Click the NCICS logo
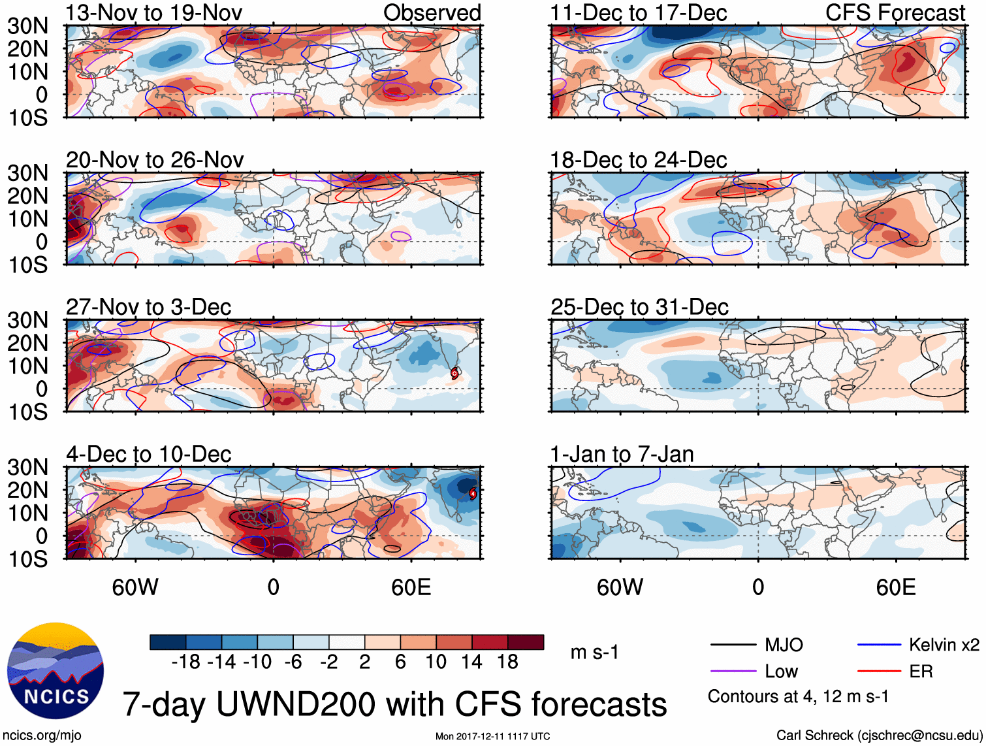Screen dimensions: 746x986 pyautogui.click(x=56, y=671)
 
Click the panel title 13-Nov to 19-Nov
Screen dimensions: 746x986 pyautogui.click(x=154, y=12)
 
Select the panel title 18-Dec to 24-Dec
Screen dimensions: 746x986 pyautogui.click(x=638, y=160)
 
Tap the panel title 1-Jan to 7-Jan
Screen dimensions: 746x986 pyautogui.click(x=622, y=454)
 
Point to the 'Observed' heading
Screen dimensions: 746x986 pyautogui.click(x=432, y=12)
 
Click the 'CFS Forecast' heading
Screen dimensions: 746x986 pyautogui.click(x=895, y=12)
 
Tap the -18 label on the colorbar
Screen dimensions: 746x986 pyautogui.click(x=186, y=662)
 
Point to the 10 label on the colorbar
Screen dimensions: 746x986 pyautogui.click(x=436, y=662)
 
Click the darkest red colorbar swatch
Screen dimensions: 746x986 pyautogui.click(x=526, y=642)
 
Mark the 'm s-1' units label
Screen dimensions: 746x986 pyautogui.click(x=594, y=653)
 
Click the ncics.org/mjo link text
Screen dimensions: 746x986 pyautogui.click(x=42, y=736)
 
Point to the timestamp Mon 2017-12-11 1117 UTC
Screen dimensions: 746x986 pyautogui.click(x=492, y=737)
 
